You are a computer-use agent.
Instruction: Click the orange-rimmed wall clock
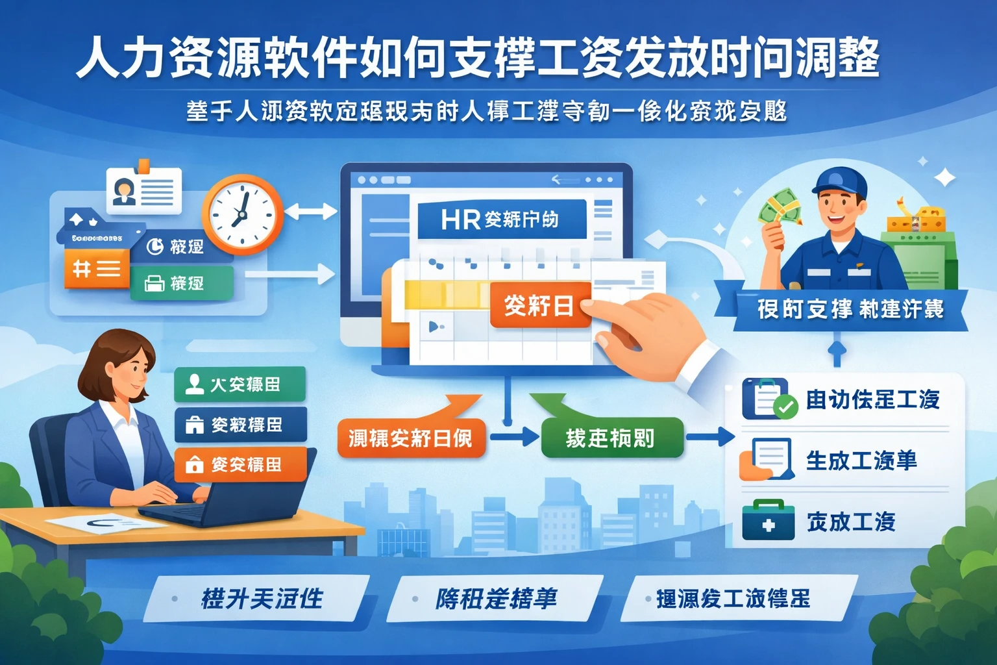pyautogui.click(x=242, y=214)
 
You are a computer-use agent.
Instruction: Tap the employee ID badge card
pyautogui.click(x=143, y=191)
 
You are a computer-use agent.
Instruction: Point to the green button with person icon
pyautogui.click(x=240, y=384)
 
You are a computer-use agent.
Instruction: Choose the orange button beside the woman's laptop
pyautogui.click(x=240, y=464)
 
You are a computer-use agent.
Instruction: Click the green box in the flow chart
pyautogui.click(x=611, y=438)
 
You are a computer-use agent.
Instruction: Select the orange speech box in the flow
pyautogui.click(x=411, y=436)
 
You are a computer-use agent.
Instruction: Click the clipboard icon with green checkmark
pyautogui.click(x=768, y=398)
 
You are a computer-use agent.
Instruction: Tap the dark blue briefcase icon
pyautogui.click(x=768, y=521)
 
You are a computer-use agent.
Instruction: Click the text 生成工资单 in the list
pyautogui.click(x=861, y=460)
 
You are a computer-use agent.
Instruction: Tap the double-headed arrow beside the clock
pyautogui.click(x=310, y=211)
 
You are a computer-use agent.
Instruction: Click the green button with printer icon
pyautogui.click(x=181, y=283)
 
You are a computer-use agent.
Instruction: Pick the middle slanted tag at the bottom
pyautogui.click(x=495, y=598)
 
